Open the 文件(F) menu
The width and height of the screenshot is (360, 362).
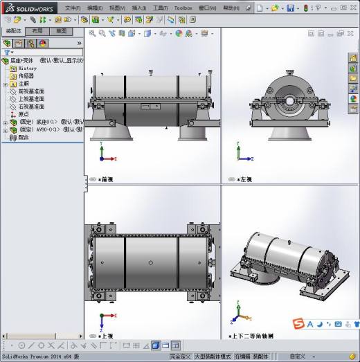73,8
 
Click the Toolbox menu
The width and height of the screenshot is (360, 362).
183,8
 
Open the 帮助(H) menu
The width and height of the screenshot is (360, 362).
232,8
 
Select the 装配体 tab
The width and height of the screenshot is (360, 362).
14,31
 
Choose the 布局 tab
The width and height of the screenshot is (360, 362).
38,31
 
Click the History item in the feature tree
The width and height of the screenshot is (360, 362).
28,69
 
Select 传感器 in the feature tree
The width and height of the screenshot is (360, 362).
26,76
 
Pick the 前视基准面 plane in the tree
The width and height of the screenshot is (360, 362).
30,91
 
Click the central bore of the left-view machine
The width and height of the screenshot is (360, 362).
288,100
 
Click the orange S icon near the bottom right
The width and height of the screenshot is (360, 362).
297,324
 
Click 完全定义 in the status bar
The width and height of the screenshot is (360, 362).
180,356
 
